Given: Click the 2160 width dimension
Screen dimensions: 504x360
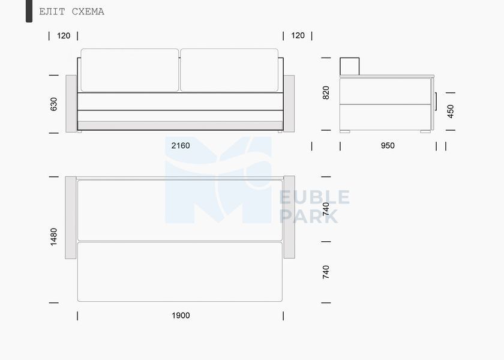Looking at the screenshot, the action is pyautogui.click(x=181, y=146).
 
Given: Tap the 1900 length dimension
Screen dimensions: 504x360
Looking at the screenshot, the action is pyautogui.click(x=181, y=316).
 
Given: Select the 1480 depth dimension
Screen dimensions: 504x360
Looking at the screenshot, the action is pyautogui.click(x=53, y=237).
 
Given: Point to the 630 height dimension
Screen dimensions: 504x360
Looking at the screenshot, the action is pyautogui.click(x=53, y=104).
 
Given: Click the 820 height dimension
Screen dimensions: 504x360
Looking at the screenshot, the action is pyautogui.click(x=326, y=93).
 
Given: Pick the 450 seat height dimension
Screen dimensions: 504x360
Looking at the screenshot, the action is pyautogui.click(x=451, y=111).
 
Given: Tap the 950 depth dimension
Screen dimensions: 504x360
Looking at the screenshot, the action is pyautogui.click(x=388, y=146).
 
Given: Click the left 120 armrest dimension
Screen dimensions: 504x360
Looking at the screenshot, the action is pyautogui.click(x=64, y=35).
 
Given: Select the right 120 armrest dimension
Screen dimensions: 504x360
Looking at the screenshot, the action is pyautogui.click(x=298, y=35).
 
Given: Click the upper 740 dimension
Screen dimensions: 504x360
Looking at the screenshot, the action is pyautogui.click(x=326, y=209).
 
